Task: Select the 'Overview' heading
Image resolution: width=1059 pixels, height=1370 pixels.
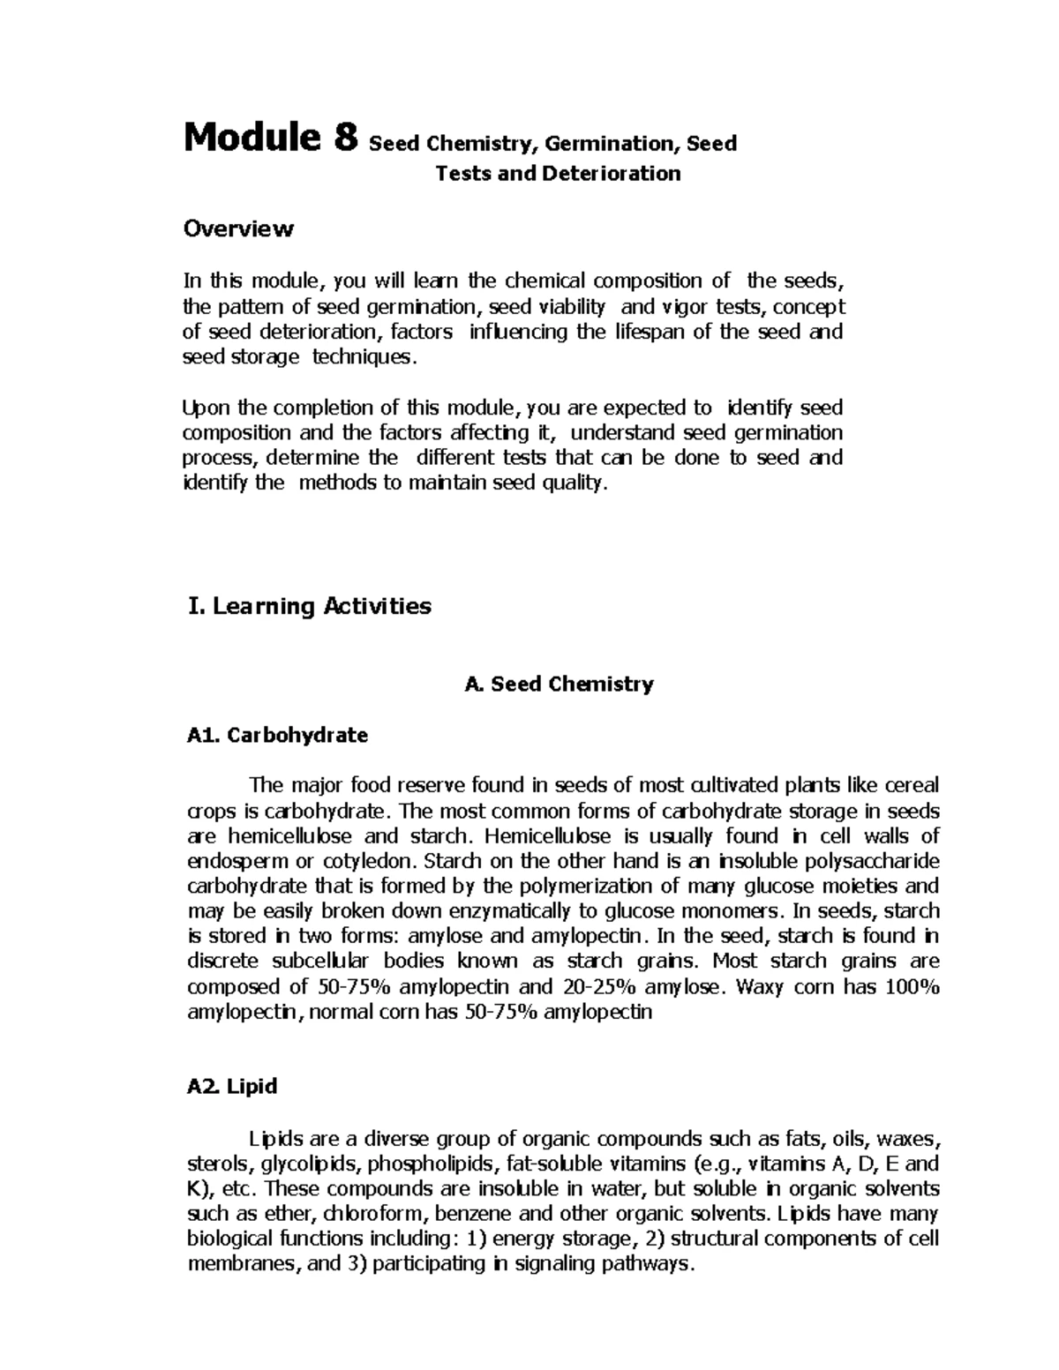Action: click(x=237, y=229)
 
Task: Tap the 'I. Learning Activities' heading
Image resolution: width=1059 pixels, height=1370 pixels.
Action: click(x=310, y=606)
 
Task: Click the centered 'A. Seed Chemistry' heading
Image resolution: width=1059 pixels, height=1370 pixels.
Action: click(x=559, y=684)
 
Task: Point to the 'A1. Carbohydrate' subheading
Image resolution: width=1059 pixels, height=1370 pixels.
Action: click(x=277, y=735)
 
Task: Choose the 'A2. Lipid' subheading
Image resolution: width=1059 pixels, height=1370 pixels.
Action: click(x=232, y=1086)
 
